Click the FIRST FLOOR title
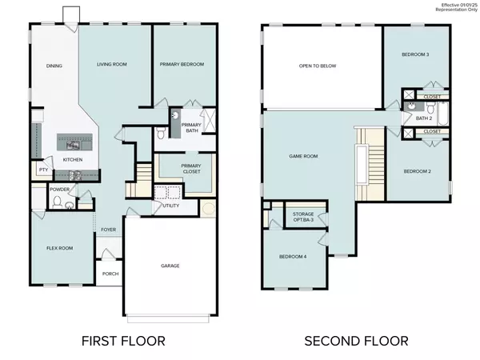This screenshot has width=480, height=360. (x=123, y=341)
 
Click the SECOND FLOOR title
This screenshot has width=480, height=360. (x=356, y=341)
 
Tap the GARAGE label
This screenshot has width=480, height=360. (x=170, y=266)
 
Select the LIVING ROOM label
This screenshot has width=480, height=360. (x=112, y=64)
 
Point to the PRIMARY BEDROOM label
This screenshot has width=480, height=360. (x=182, y=64)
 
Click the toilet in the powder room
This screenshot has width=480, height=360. (x=58, y=202)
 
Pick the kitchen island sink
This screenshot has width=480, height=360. (x=73, y=145)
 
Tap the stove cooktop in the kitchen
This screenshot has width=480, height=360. (x=75, y=175)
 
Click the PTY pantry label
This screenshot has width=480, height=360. (x=43, y=170)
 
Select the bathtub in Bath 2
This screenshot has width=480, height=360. (x=443, y=114)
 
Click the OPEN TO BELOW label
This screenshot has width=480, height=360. (x=318, y=66)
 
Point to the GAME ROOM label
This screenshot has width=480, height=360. (x=303, y=156)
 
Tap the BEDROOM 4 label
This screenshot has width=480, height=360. (x=293, y=257)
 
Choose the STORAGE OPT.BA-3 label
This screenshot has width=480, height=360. (x=303, y=217)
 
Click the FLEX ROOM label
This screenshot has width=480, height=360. (x=60, y=248)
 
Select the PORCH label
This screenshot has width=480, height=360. (x=110, y=274)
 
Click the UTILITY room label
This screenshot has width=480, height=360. (x=171, y=206)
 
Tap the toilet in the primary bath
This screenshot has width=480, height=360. (x=161, y=133)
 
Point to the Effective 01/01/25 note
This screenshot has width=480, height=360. (x=459, y=6)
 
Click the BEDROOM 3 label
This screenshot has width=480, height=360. (x=415, y=54)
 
